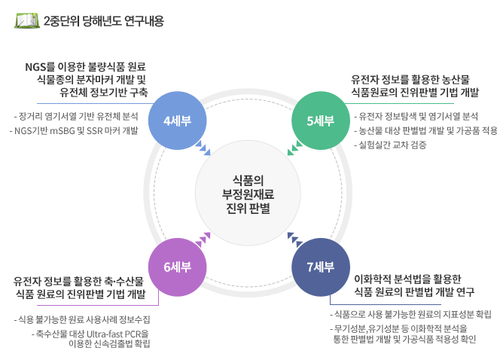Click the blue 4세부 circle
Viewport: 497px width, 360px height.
(x=178, y=121)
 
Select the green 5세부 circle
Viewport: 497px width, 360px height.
(x=321, y=121)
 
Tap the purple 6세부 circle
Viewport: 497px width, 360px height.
(x=178, y=267)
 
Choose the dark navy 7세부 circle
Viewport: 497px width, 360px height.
(x=321, y=267)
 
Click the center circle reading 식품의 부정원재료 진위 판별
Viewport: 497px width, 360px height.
(x=248, y=193)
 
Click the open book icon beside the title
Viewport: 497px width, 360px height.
(x=27, y=20)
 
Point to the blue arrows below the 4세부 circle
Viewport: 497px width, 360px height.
(x=203, y=148)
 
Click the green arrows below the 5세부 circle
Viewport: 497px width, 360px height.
(x=294, y=148)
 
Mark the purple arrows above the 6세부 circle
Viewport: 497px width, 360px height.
(x=203, y=240)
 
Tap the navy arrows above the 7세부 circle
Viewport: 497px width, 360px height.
(x=294, y=240)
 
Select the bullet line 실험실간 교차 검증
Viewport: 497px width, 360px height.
(x=390, y=145)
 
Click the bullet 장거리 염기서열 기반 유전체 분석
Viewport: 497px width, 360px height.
(x=76, y=116)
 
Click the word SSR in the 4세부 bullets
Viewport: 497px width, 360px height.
(x=94, y=130)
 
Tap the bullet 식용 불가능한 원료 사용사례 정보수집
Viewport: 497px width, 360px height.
(x=82, y=319)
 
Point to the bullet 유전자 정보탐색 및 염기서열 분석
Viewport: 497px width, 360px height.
(x=416, y=116)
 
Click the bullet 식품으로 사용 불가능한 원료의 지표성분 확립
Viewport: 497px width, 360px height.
(x=411, y=314)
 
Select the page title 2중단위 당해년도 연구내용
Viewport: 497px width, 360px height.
(x=104, y=21)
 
